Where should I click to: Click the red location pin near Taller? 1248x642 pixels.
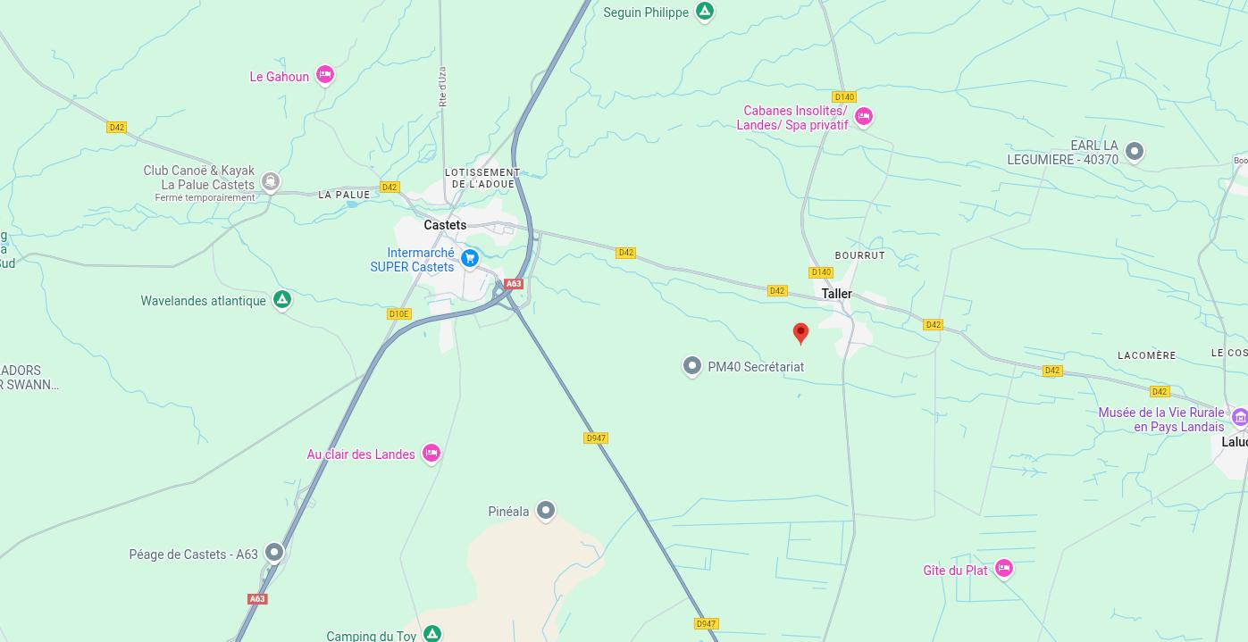pyautogui.click(x=800, y=333)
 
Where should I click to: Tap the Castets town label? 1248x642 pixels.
pyautogui.click(x=445, y=225)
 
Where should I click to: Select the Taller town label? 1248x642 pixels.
pyautogui.click(x=837, y=294)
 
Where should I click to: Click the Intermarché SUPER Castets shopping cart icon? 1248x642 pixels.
pyautogui.click(x=470, y=259)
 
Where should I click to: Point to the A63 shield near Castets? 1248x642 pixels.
pyautogui.click(x=513, y=284)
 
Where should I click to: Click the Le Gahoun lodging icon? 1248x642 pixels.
pyautogui.click(x=325, y=76)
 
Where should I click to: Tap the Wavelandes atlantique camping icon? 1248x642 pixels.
pyautogui.click(x=282, y=300)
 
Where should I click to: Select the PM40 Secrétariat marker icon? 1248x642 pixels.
pyautogui.click(x=691, y=366)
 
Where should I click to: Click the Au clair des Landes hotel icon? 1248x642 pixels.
pyautogui.click(x=431, y=454)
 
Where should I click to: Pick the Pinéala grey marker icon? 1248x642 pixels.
pyautogui.click(x=545, y=511)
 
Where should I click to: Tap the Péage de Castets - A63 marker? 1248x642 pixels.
pyautogui.click(x=274, y=553)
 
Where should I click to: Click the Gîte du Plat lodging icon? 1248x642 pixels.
pyautogui.click(x=1003, y=569)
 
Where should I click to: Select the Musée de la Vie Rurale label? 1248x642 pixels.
pyautogui.click(x=1161, y=420)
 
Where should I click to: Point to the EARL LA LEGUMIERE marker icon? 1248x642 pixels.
pyautogui.click(x=1134, y=151)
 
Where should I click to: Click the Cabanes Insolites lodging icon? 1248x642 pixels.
pyautogui.click(x=863, y=116)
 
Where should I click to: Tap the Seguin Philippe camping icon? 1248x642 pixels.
pyautogui.click(x=705, y=12)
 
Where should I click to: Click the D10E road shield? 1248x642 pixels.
pyautogui.click(x=398, y=314)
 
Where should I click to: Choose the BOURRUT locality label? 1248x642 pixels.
pyautogui.click(x=859, y=255)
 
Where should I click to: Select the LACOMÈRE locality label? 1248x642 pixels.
pyautogui.click(x=1147, y=355)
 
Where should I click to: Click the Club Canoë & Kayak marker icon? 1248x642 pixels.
pyautogui.click(x=271, y=182)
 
